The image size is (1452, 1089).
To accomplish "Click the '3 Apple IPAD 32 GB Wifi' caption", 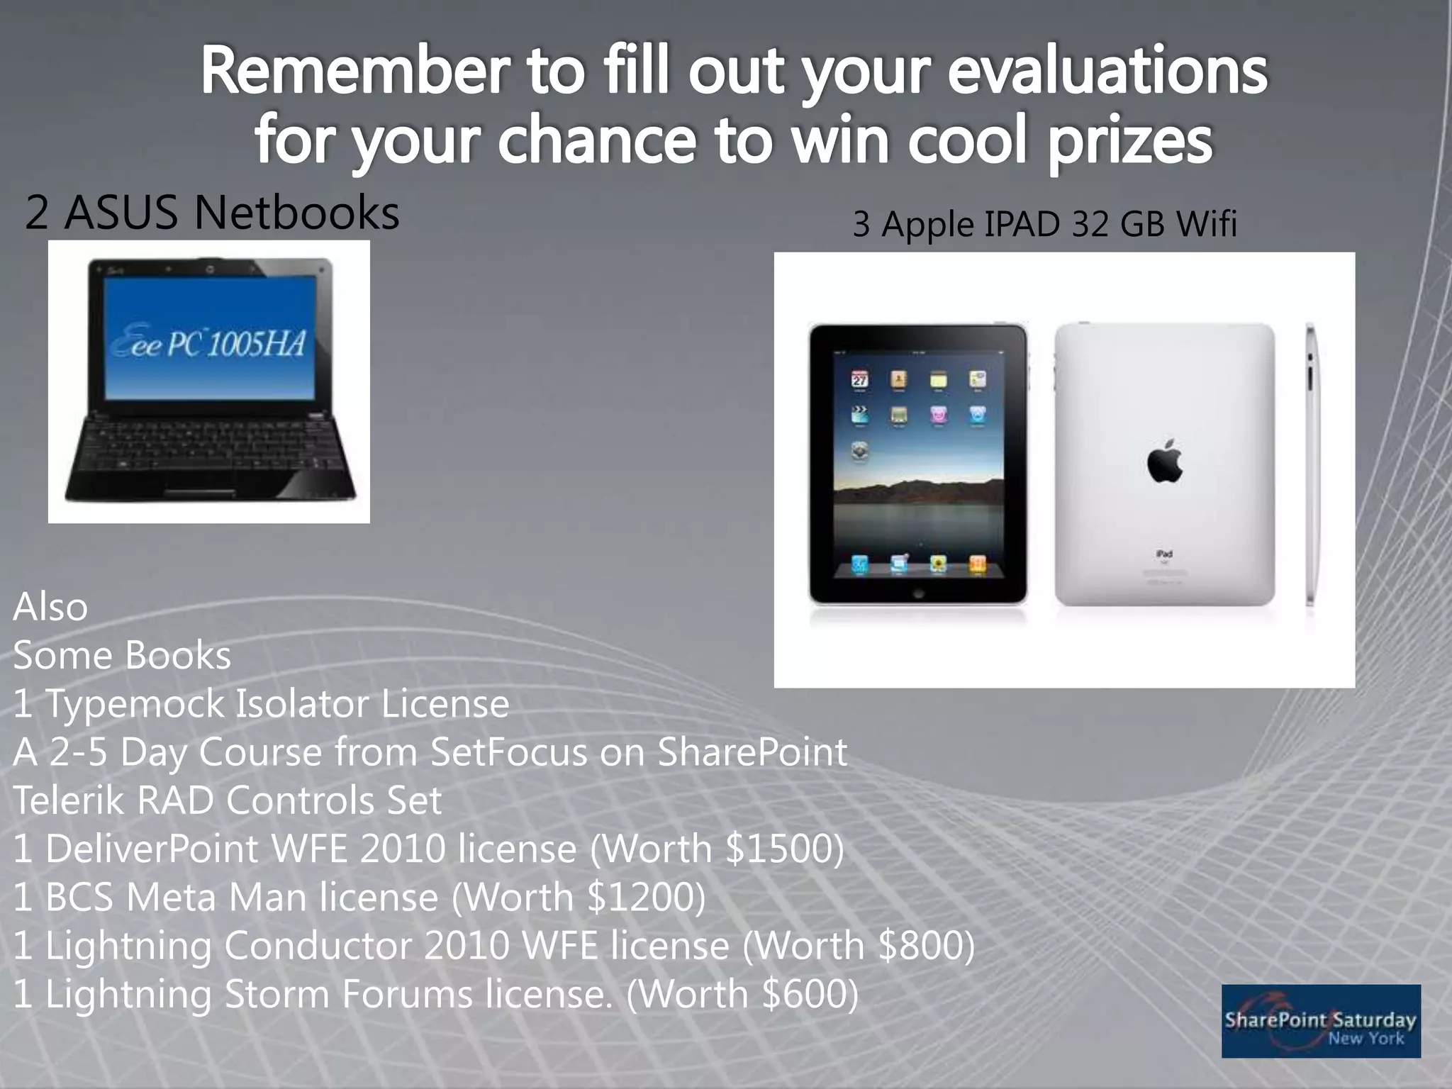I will (1044, 224).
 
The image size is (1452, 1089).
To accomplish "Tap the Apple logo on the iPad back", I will (1164, 461).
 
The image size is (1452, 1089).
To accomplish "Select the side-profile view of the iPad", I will (1310, 464).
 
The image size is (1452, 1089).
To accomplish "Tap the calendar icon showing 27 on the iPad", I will (860, 379).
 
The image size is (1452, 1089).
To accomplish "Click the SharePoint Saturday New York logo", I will (1321, 1021).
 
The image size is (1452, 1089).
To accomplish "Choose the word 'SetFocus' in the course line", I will (508, 752).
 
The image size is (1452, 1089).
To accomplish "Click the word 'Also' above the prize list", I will (50, 607).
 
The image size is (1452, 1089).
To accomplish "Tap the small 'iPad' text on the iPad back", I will (1164, 553).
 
